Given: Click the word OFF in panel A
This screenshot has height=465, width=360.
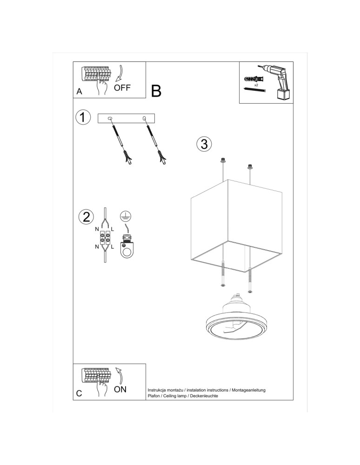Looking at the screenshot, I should (x=122, y=87).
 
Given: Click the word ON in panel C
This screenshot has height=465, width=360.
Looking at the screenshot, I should (x=120, y=389).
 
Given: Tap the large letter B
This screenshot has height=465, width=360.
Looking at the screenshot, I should (x=156, y=91).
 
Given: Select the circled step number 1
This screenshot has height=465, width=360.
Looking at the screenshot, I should (x=83, y=118).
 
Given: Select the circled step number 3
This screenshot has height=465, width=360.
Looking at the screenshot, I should (x=203, y=144).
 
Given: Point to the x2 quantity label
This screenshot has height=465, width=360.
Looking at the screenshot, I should (x=256, y=85).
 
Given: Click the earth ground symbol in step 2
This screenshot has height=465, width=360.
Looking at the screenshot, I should (x=125, y=215).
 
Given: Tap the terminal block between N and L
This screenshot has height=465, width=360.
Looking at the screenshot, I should (x=105, y=238).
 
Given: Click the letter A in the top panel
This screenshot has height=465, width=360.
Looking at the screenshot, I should (x=79, y=92).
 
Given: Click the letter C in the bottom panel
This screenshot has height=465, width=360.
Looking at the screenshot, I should (x=79, y=393).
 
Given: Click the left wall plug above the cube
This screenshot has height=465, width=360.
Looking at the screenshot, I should (x=223, y=160).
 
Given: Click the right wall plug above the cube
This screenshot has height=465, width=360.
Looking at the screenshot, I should (x=250, y=166).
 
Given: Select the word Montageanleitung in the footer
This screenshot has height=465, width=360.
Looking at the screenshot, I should (x=249, y=390).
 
